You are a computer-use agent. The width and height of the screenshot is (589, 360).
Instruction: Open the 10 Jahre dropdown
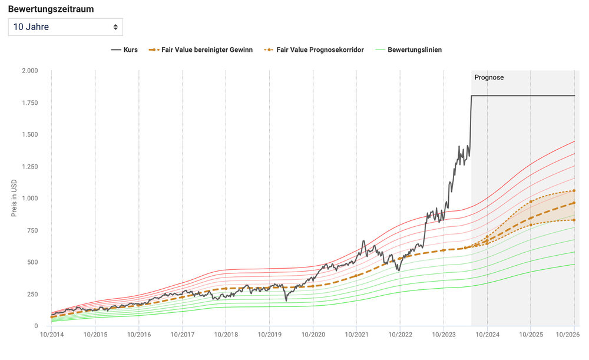pos(65,27)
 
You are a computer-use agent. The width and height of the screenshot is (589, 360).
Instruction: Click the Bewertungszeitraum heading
pos(51,9)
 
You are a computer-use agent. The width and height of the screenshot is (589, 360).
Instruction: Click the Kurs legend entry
pos(124,50)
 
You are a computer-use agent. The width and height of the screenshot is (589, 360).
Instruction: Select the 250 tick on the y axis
pos(32,295)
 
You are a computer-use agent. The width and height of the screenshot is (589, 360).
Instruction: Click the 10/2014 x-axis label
pos(51,335)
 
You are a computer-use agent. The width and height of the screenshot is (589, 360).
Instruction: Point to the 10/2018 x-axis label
pos(226,335)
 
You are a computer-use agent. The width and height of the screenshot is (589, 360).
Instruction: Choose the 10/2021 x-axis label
pos(356,335)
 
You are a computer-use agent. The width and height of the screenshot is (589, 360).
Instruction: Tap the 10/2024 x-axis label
pos(487,335)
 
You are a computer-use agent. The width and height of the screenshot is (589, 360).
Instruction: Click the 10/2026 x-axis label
pos(568,335)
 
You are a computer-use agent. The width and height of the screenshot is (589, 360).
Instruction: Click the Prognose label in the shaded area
pos(489,77)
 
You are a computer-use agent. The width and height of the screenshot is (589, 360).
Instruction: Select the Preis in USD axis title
pos(14,199)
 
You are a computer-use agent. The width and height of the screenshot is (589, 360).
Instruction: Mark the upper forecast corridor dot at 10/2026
pos(574,191)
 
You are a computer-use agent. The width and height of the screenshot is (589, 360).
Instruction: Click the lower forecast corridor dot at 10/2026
pos(574,220)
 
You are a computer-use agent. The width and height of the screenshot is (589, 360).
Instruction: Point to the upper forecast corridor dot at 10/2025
pos(531,202)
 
